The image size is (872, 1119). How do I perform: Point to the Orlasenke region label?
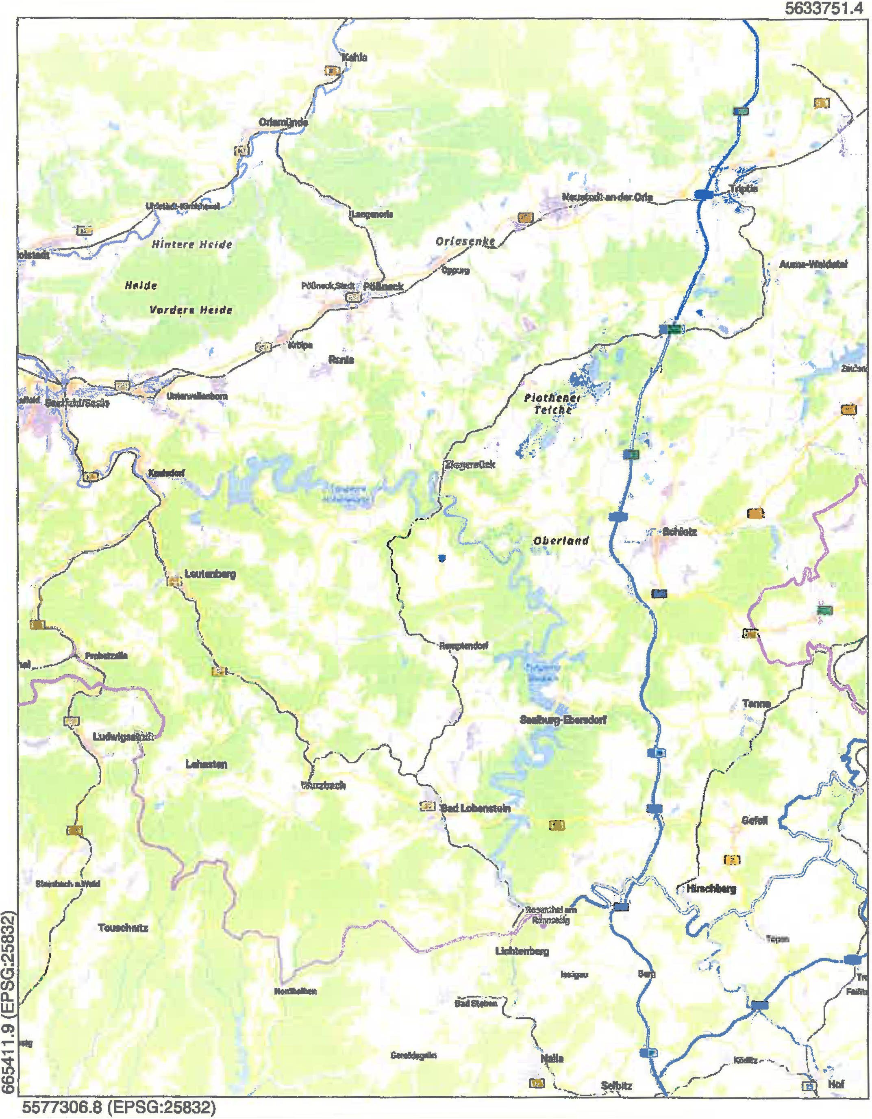(465, 241)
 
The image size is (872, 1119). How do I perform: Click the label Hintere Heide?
(191, 244)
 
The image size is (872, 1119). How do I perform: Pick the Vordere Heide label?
(191, 310)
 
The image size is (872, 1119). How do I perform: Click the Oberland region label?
(561, 541)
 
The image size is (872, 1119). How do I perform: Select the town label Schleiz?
(679, 532)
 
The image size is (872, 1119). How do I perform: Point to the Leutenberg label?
(210, 574)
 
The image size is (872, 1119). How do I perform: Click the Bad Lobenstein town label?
(476, 808)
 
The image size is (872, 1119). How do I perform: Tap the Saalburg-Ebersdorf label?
(563, 720)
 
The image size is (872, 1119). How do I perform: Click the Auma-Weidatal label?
(813, 264)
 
